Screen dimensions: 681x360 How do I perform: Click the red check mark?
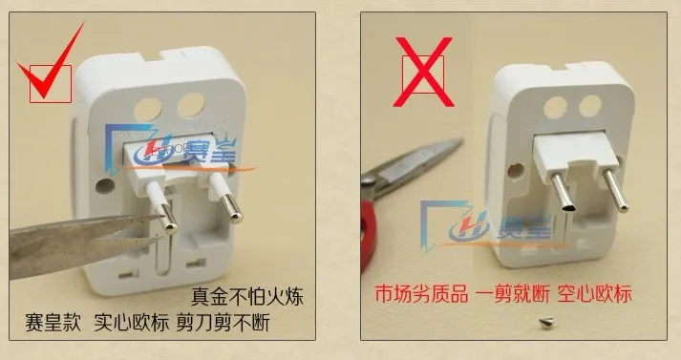(48, 74)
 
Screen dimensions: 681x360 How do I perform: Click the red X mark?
(423, 72)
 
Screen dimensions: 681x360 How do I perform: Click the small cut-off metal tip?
(544, 322)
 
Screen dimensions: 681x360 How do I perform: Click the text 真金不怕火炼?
(247, 297)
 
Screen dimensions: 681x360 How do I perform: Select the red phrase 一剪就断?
(513, 294)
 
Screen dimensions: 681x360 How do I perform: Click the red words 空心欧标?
(594, 294)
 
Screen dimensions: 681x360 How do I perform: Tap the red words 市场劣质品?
(421, 294)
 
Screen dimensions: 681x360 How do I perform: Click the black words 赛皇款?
(53, 322)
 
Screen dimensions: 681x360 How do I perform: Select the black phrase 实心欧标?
(131, 322)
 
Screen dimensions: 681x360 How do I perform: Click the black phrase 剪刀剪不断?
(223, 322)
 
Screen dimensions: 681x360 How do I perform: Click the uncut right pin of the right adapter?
(616, 190)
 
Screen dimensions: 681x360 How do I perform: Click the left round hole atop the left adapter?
(147, 110)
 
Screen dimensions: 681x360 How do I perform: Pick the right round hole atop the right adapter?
(590, 106)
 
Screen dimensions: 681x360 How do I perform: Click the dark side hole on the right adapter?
(516, 170)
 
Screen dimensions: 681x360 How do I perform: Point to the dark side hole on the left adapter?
(105, 185)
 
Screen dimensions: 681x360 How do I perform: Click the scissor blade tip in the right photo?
(459, 141)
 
